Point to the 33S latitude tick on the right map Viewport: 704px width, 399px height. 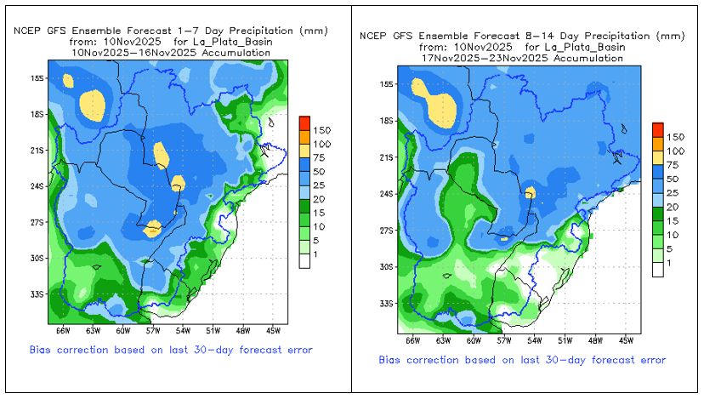click(x=387, y=304)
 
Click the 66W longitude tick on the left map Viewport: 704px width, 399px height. click(x=63, y=331)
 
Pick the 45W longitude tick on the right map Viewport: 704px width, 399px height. click(x=625, y=340)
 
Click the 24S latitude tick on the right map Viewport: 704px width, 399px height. click(x=387, y=194)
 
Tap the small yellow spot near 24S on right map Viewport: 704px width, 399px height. click(x=531, y=192)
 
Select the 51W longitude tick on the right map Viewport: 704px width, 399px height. click(x=565, y=340)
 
